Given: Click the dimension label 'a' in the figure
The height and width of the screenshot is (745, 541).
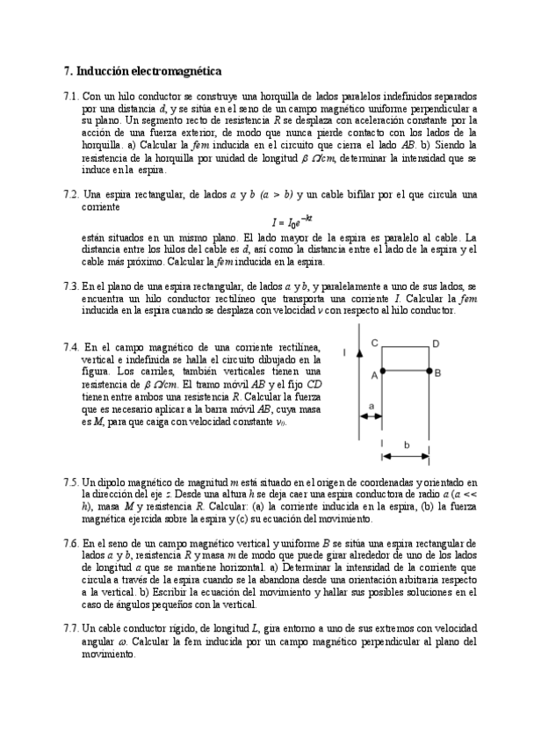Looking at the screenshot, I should coord(371,405).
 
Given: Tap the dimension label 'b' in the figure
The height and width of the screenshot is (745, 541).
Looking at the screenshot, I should coord(406,445).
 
